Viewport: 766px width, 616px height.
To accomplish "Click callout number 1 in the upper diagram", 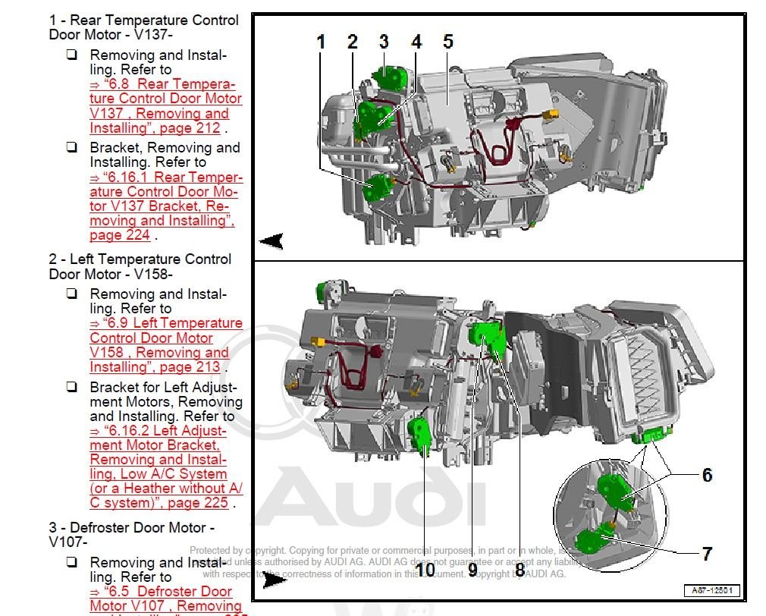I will click(321, 42).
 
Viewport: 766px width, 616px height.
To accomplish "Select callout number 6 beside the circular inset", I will click(707, 475).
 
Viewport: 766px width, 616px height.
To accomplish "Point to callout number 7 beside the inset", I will click(707, 554).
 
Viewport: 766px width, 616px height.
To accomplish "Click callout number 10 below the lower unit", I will click(425, 569).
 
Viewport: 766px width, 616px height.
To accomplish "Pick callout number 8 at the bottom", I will click(520, 569).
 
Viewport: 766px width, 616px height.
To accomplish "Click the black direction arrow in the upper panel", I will click(272, 241).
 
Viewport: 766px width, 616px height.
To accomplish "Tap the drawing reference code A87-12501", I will click(711, 591).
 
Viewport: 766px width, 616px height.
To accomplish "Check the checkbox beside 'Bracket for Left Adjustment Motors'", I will click(72, 388).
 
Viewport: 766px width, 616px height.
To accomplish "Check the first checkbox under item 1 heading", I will click(72, 55).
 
